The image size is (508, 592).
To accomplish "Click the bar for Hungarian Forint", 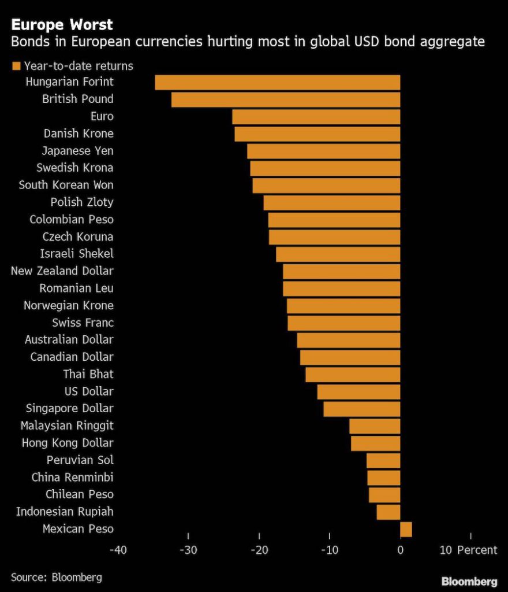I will (x=277, y=82).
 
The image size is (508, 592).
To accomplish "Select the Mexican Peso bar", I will (x=406, y=529).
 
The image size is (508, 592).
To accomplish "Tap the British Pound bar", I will (x=285, y=99).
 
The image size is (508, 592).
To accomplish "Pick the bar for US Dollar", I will (x=358, y=391).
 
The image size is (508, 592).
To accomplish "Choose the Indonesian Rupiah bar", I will (x=388, y=512).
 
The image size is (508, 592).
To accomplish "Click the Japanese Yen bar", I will (x=323, y=151).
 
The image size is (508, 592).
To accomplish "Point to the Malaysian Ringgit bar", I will (x=375, y=426).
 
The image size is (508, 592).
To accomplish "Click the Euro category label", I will (x=102, y=116).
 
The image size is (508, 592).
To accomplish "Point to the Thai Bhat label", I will (x=88, y=374).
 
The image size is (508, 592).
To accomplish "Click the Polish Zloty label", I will (x=81, y=202).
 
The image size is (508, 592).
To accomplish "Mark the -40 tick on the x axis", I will (x=118, y=550).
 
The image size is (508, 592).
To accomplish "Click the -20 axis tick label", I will (x=259, y=550).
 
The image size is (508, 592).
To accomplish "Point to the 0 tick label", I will (x=400, y=550).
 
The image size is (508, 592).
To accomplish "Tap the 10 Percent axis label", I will (x=468, y=550).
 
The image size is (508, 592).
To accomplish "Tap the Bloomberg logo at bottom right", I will (x=469, y=581).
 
